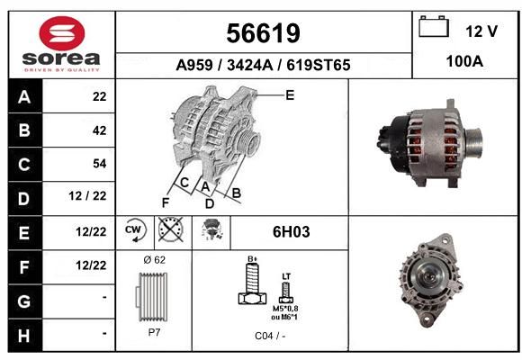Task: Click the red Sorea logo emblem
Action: point(62,33)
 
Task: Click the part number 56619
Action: point(264,33)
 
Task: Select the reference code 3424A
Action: point(249,65)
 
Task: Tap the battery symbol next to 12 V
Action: point(434,26)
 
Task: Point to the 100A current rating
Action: point(464,61)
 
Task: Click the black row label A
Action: point(24,97)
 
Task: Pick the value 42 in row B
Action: point(100,130)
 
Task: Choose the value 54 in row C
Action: point(100,164)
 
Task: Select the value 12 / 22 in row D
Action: point(87,196)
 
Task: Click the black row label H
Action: point(24,336)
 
